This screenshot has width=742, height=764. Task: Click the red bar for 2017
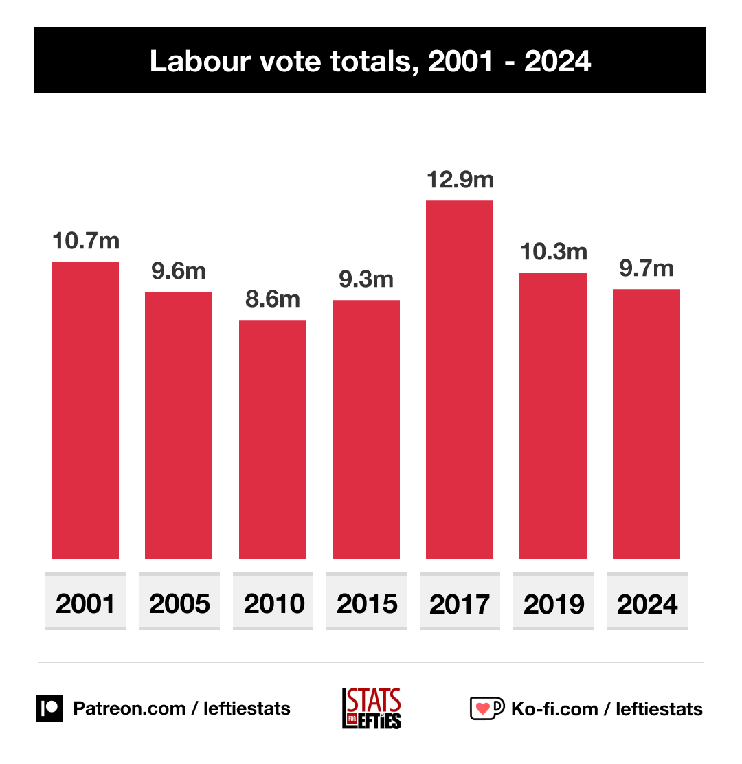click(x=460, y=380)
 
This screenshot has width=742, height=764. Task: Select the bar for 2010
click(x=273, y=439)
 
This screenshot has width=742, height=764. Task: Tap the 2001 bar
click(x=85, y=410)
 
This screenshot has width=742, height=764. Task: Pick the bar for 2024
click(x=647, y=424)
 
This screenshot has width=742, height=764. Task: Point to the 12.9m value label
click(x=460, y=180)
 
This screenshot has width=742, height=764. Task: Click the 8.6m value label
click(x=273, y=299)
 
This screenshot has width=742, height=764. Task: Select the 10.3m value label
click(x=553, y=252)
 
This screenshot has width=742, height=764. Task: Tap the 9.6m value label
click(x=179, y=271)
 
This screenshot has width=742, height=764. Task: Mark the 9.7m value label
click(x=647, y=268)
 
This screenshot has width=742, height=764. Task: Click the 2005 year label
click(x=179, y=603)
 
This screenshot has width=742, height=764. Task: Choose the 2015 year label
click(x=367, y=603)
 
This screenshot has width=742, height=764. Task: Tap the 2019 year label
click(x=554, y=603)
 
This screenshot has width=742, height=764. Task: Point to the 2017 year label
click(x=460, y=603)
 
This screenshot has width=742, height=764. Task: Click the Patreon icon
click(x=49, y=708)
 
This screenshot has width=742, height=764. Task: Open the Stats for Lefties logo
click(x=371, y=708)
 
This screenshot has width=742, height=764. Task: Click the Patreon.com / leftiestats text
click(x=181, y=708)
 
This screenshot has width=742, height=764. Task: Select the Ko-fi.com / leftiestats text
click(x=607, y=708)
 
